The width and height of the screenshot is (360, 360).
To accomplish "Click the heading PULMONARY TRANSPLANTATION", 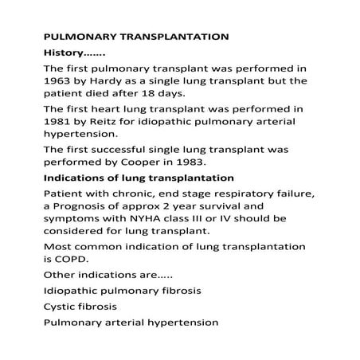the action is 136,37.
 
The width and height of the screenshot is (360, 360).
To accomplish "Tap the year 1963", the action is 56,81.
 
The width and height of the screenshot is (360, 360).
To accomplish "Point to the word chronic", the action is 122,193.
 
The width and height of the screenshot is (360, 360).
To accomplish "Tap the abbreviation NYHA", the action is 152,219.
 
